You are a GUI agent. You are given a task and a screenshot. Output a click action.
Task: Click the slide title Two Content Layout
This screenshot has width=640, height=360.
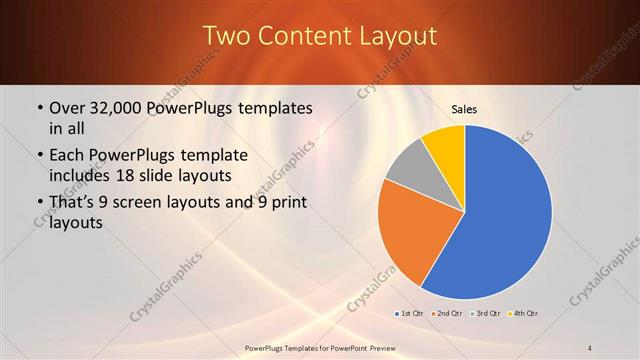320,36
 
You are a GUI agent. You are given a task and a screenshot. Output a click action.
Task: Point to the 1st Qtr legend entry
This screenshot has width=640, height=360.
409,314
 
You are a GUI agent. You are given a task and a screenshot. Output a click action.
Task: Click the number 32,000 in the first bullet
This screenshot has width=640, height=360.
117,108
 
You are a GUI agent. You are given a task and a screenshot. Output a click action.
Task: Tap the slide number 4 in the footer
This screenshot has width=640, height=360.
590,348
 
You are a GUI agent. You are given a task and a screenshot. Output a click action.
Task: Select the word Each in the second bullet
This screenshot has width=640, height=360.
68,156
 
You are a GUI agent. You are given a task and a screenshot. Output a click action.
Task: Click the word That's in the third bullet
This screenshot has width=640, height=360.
74,203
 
